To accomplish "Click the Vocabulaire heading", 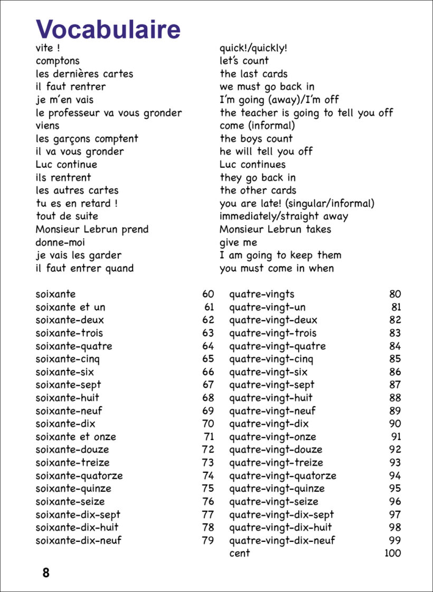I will (108, 30).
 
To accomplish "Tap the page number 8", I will (46, 573).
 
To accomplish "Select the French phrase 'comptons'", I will (58, 61).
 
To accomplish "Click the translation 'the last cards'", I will (253, 74).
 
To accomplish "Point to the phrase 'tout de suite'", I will (67, 216).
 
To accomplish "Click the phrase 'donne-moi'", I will (60, 243).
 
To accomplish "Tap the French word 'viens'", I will (48, 126).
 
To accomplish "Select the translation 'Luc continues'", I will (252, 165).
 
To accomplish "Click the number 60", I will (208, 294).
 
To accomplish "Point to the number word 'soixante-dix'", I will (65, 424).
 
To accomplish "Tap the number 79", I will (208, 540).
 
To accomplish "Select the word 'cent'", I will (239, 553).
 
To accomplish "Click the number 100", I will (392, 553).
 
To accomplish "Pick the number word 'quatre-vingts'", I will (262, 294).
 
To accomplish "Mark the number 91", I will (396, 437).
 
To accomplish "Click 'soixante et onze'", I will (76, 437).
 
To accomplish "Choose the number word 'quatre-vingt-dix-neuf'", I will (282, 540).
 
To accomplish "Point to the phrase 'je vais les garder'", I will (79, 255).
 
